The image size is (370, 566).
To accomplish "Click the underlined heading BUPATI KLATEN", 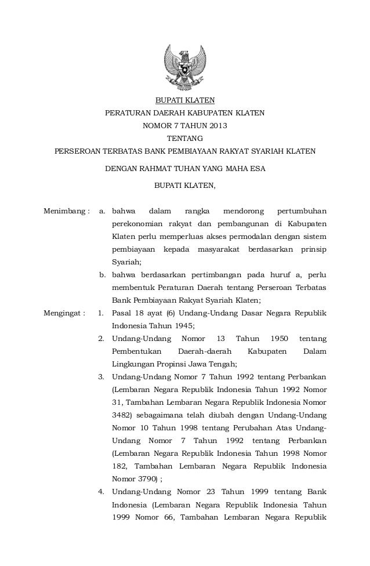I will coord(184,100).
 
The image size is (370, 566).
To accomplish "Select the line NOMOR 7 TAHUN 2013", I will coord(184,126).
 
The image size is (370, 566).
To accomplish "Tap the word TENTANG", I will coord(184,139).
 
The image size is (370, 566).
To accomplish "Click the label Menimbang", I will coord(66,210).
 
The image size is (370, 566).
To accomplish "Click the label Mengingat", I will coord(64,313).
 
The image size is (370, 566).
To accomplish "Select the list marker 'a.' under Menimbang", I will coord(103,210).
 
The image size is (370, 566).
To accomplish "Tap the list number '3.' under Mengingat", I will coord(101,377).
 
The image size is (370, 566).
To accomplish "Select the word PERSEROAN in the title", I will coord(77,152).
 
